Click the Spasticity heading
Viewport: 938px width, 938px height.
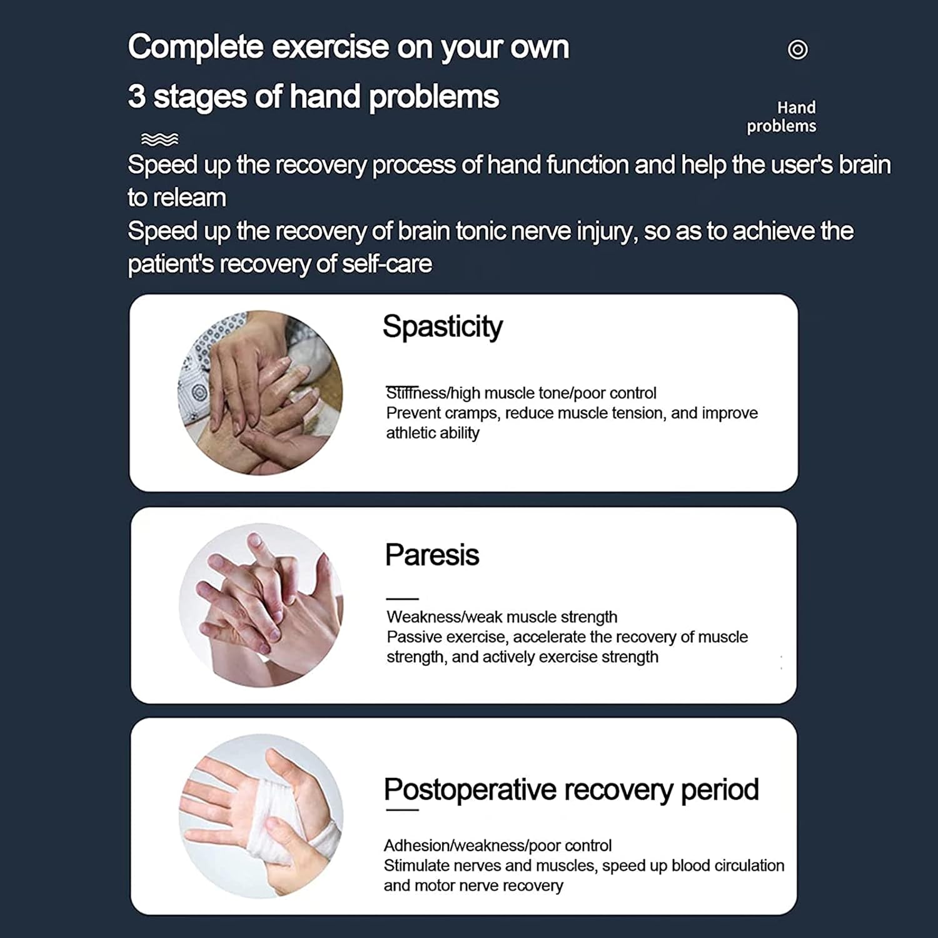[x=442, y=326]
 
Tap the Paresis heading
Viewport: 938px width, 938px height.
[x=432, y=555]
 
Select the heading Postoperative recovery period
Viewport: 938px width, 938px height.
[x=571, y=790]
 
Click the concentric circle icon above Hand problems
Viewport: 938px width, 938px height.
[x=797, y=49]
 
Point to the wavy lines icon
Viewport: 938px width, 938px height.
[x=159, y=139]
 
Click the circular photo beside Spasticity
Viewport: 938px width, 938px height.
[x=261, y=393]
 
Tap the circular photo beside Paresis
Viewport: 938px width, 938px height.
[x=261, y=605]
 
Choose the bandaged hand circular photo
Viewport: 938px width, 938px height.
[x=261, y=816]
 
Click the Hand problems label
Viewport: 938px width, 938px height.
[x=782, y=117]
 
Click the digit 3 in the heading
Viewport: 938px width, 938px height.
[x=136, y=97]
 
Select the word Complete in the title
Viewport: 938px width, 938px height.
[x=196, y=48]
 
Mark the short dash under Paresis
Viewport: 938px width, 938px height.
[x=402, y=598]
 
